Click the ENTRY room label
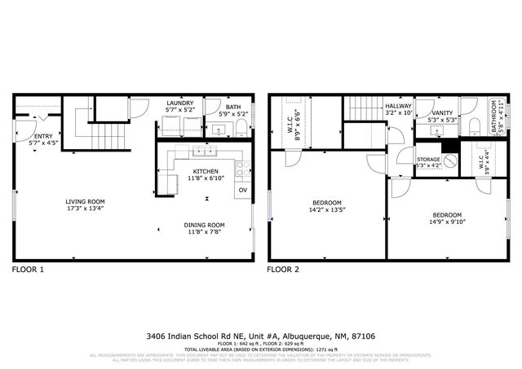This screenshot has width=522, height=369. tap(40, 137)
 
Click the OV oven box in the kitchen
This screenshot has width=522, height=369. tap(242, 191)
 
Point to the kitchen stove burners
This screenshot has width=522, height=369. tap(242, 169)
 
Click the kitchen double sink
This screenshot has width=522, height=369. tap(201, 152)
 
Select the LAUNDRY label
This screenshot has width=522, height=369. tap(180, 103)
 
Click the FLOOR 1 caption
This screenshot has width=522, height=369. tap(29, 269)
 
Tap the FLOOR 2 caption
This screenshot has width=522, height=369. tap(284, 269)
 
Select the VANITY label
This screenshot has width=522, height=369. tap(443, 113)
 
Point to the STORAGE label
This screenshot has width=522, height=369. tap(428, 160)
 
